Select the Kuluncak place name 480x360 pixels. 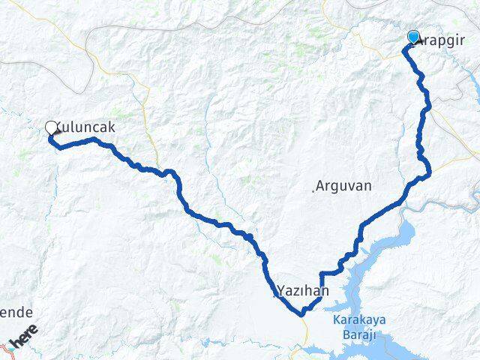pyautogui.click(x=85, y=127)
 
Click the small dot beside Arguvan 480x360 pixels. pyautogui.click(x=313, y=190)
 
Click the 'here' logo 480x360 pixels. pyautogui.click(x=25, y=342)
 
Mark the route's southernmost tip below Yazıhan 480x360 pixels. pyautogui.click(x=301, y=314)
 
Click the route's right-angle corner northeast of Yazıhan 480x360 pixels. pyautogui.click(x=321, y=273)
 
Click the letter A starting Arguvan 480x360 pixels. pyautogui.click(x=321, y=185)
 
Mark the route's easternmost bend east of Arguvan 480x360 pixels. pyautogui.click(x=429, y=175)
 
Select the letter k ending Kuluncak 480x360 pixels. pyautogui.click(x=111, y=127)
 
